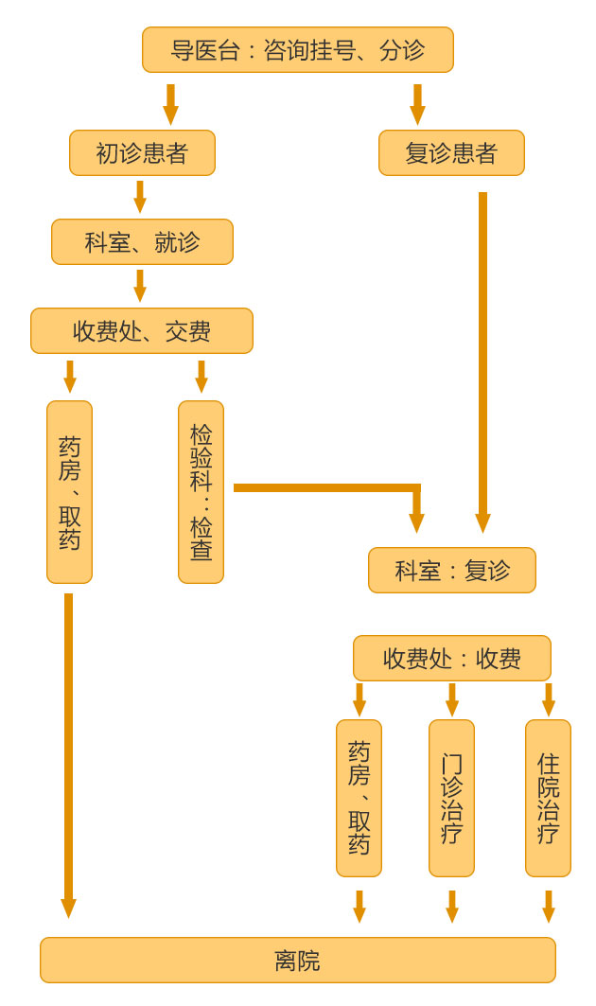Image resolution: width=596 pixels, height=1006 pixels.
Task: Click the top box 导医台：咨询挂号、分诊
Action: [x=297, y=49]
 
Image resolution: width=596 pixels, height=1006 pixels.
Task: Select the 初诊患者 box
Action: [x=142, y=152]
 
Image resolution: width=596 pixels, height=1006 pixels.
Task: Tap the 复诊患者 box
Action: [x=451, y=152]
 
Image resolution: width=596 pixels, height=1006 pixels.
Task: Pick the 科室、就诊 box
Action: [x=142, y=241]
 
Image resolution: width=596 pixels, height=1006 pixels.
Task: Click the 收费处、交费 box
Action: [x=142, y=330]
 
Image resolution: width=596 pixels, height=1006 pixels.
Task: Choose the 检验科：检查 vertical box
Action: [x=201, y=491]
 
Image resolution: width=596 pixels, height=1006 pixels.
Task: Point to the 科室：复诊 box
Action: [x=451, y=570]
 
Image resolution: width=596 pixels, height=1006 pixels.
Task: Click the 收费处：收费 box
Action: [x=451, y=658]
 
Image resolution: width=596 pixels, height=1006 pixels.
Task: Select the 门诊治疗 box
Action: [x=451, y=798]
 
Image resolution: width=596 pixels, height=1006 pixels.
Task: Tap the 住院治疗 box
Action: [x=548, y=798]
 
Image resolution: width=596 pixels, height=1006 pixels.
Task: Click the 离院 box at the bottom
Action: [x=297, y=960]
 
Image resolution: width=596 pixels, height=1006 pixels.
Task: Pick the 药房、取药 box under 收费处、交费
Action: [x=69, y=491]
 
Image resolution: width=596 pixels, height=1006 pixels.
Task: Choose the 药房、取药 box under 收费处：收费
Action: [x=359, y=798]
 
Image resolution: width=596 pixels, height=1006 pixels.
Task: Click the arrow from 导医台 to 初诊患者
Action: [x=170, y=104]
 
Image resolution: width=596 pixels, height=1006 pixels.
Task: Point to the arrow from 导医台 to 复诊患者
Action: [x=417, y=104]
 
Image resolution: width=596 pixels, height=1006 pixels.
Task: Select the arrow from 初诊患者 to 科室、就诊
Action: [x=140, y=197]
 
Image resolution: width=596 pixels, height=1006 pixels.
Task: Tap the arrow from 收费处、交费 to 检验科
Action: [x=202, y=377]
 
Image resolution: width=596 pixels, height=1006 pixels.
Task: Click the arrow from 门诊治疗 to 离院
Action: [x=452, y=906]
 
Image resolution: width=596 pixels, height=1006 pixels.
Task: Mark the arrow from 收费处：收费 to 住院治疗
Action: [x=549, y=699]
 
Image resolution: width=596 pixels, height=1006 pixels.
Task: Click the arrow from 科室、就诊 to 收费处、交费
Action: [x=140, y=286]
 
